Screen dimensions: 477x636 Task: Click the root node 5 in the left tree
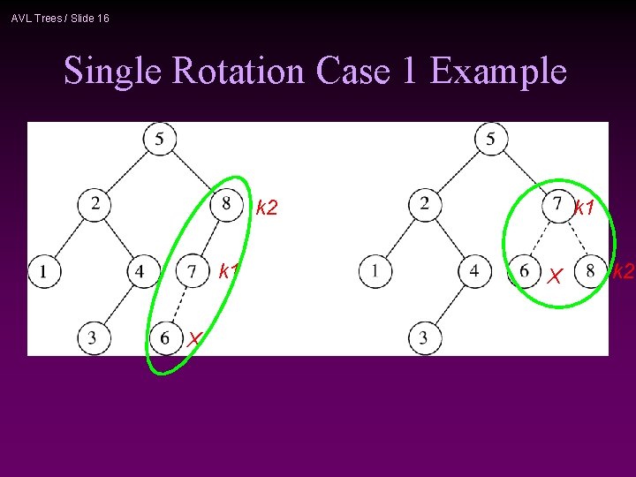tap(160, 139)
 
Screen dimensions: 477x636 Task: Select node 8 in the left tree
tap(226, 204)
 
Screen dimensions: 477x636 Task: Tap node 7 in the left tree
tap(193, 270)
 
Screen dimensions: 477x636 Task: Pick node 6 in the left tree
tap(164, 337)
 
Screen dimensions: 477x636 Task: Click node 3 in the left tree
tap(93, 337)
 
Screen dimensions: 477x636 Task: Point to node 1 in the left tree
tap(42, 270)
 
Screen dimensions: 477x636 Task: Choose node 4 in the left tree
tap(141, 270)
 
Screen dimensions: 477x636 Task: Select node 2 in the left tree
tap(95, 204)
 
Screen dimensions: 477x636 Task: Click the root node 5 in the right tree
tap(490, 139)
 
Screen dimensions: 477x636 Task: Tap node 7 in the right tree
tap(556, 205)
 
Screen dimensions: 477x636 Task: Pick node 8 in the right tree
tap(589, 270)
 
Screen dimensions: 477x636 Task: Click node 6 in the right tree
tap(524, 270)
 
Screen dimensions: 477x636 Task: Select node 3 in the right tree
tap(424, 337)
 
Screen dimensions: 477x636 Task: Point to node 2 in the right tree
tap(425, 205)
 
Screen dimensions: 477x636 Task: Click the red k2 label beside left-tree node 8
tap(267, 208)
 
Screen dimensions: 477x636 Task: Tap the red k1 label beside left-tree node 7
tap(230, 271)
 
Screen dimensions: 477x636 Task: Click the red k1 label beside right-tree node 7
tap(584, 208)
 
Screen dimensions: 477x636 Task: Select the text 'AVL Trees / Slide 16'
tap(60, 18)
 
